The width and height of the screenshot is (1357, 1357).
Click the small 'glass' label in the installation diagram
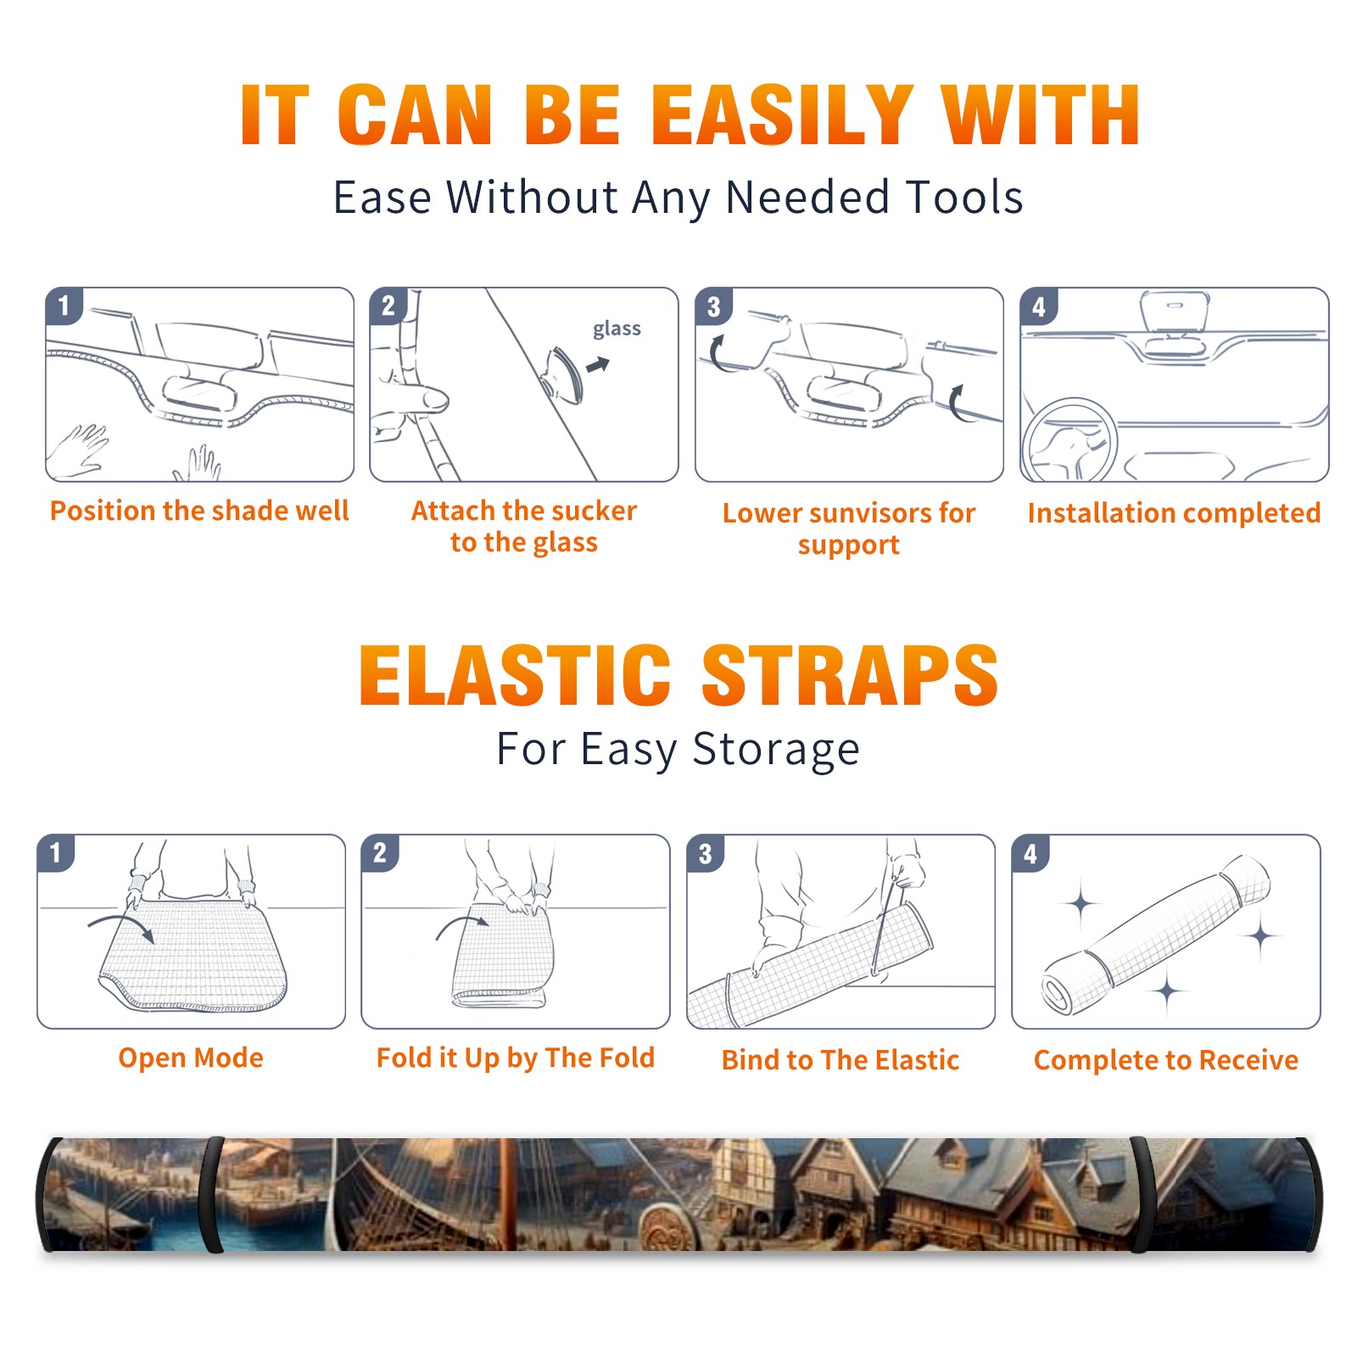pos(617,328)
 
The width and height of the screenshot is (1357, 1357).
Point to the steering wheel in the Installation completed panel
pos(1069,439)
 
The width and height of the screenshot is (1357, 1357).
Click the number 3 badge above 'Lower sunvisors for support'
pos(713,306)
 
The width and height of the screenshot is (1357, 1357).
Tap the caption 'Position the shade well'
pos(199,511)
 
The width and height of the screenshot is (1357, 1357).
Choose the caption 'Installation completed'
pos(1174,513)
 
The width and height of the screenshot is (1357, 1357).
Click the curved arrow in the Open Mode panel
pos(121,926)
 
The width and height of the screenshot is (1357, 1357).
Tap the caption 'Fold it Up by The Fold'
pos(516,1058)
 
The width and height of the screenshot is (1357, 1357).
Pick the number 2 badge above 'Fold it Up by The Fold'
pos(379,852)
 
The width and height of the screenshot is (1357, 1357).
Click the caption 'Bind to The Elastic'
pos(840,1060)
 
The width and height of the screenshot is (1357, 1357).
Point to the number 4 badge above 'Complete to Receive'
pos(1030,853)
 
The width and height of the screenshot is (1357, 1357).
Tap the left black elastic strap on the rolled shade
pos(210,1194)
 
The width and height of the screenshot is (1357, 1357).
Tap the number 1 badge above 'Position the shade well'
pos(64,305)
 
